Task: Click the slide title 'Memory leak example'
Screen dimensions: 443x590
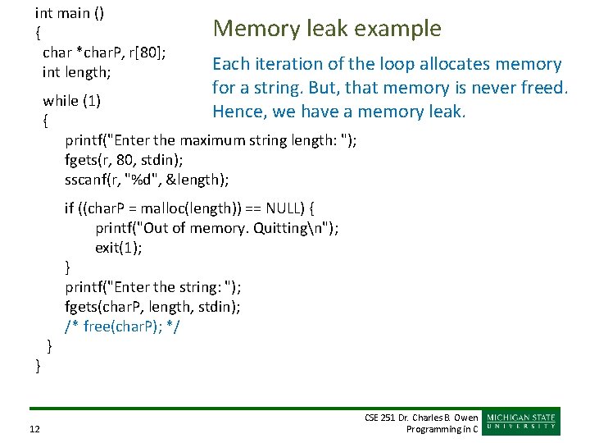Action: click(x=327, y=30)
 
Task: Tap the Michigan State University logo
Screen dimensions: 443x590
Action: click(x=522, y=422)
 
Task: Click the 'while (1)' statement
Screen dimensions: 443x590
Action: click(x=72, y=101)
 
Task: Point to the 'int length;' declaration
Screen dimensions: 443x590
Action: click(x=77, y=72)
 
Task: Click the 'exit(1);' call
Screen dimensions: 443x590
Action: click(x=119, y=248)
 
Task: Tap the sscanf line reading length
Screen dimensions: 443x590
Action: click(x=147, y=179)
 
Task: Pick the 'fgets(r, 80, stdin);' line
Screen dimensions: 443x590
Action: click(x=125, y=159)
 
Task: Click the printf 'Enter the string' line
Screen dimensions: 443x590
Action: click(x=153, y=287)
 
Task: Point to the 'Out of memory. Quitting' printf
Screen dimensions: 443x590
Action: click(x=217, y=228)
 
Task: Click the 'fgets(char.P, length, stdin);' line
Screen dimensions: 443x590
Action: click(x=153, y=307)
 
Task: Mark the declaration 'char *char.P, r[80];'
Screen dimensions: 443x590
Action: click(x=105, y=53)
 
